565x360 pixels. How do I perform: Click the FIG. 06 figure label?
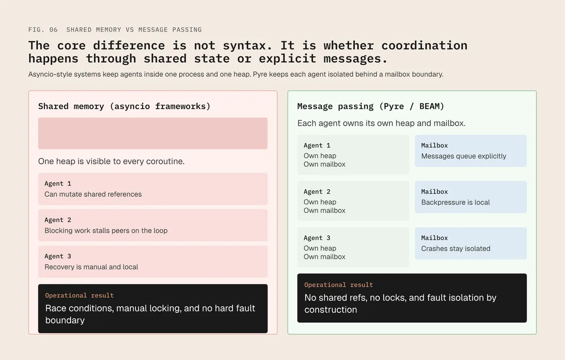point(43,30)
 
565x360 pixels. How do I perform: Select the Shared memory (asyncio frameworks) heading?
point(124,106)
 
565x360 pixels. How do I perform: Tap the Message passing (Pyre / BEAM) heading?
point(371,106)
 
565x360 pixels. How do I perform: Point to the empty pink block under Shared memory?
point(153,133)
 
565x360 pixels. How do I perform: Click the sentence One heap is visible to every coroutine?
point(111,161)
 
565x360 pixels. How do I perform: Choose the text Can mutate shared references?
point(93,194)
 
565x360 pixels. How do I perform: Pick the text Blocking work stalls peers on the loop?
point(106,231)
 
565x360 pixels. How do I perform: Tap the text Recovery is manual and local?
point(91,267)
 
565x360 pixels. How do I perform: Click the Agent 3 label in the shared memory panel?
point(58,256)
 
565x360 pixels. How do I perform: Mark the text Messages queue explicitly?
point(464,156)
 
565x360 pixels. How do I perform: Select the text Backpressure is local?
point(456,202)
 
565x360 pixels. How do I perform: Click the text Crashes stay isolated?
point(456,248)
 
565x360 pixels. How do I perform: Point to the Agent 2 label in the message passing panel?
point(317,192)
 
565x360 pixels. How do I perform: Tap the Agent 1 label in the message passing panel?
point(317,145)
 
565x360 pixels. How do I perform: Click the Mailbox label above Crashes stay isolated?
point(434,238)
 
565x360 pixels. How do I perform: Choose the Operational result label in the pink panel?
point(80,296)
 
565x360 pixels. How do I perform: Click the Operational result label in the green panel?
point(339,285)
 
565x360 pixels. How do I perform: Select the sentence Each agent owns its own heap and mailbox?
point(381,123)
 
